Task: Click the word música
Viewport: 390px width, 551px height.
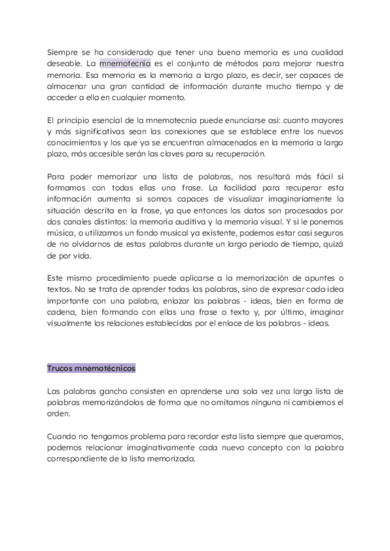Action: click(x=62, y=235)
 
